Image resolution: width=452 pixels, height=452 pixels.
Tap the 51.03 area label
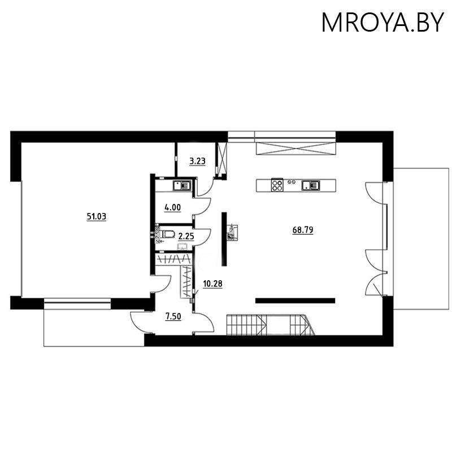[97, 215]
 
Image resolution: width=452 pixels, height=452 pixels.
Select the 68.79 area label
[303, 230]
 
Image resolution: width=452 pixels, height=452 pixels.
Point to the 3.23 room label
[197, 161]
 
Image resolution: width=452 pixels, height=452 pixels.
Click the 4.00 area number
[172, 207]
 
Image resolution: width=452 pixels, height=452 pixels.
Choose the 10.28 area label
[212, 284]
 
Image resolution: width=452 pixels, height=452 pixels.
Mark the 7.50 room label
[173, 316]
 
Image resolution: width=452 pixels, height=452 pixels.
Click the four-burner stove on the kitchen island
[277, 185]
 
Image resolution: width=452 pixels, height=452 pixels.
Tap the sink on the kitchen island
[311, 185]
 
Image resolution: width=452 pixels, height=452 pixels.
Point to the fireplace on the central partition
[232, 232]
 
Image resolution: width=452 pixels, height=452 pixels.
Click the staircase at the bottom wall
[270, 325]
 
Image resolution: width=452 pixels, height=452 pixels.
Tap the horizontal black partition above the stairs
[295, 300]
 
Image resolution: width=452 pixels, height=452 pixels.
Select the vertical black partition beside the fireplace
[224, 239]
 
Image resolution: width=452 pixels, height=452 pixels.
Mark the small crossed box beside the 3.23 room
[221, 160]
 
